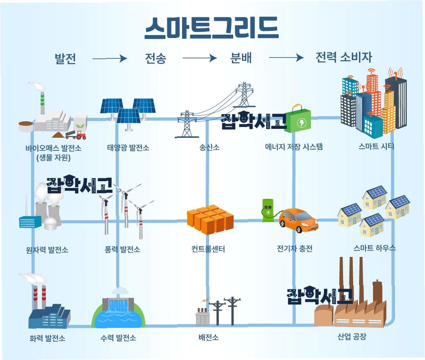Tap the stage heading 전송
(155, 58)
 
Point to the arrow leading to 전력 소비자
(286, 58)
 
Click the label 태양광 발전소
(128, 148)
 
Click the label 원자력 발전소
(47, 250)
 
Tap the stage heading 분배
(241, 58)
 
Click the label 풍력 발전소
(122, 249)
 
